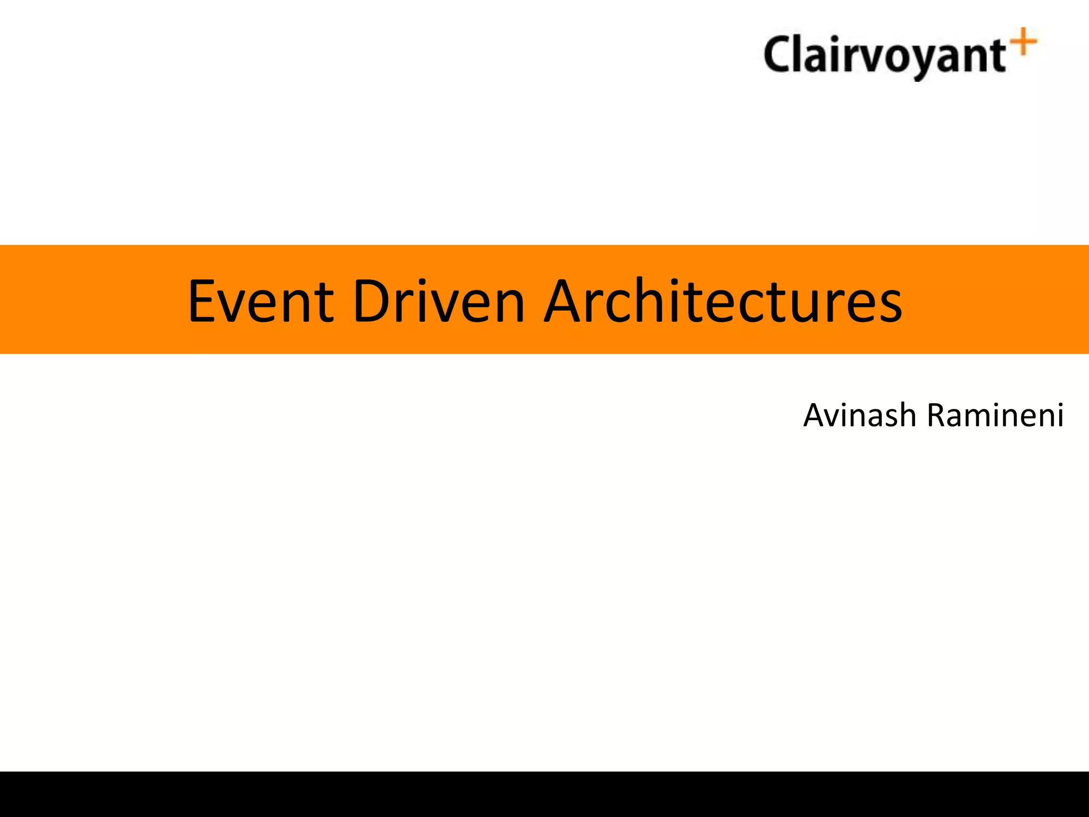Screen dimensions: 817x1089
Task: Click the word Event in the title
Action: pyautogui.click(x=261, y=301)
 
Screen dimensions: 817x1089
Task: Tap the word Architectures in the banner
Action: pyautogui.click(x=723, y=301)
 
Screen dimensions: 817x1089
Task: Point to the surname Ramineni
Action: pyautogui.click(x=995, y=415)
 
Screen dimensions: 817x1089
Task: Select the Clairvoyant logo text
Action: pyautogui.click(x=885, y=55)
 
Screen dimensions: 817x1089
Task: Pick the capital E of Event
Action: pyautogui.click(x=203, y=301)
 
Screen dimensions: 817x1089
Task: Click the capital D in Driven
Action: pyautogui.click(x=372, y=301)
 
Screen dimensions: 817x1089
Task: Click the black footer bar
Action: pyautogui.click(x=544, y=794)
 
